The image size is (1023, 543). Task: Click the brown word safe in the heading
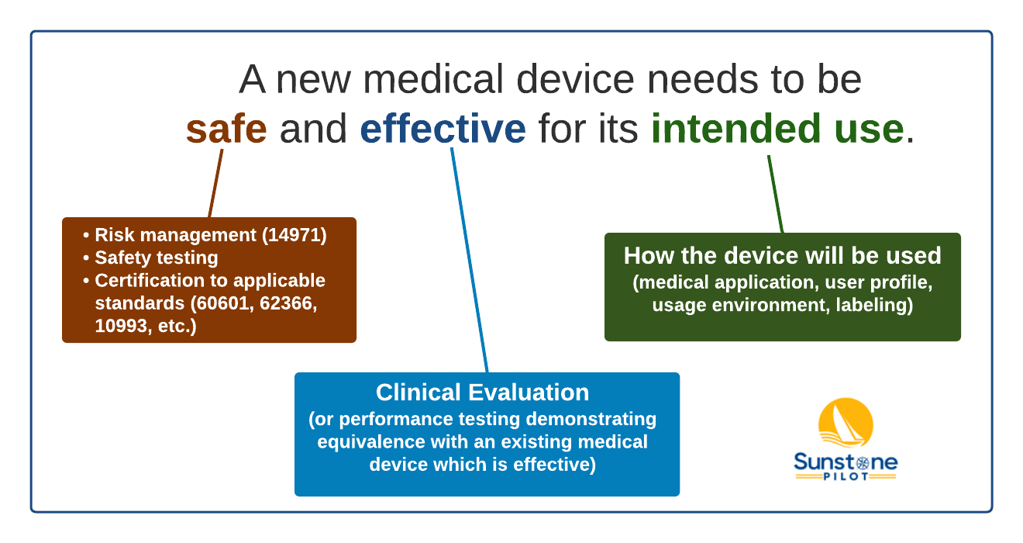226,129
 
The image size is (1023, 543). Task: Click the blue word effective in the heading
443,129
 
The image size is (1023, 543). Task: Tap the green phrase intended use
777,129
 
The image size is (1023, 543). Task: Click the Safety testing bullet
156,258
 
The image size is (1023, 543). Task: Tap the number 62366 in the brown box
291,303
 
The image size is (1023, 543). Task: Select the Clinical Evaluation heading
482,392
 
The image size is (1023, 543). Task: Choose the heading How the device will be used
782,256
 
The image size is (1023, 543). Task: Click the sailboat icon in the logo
846,424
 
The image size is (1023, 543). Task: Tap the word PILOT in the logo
846,475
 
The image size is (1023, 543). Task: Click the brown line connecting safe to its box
216,183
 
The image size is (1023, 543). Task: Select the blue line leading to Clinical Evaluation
470,261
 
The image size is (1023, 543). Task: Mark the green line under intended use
775,194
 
